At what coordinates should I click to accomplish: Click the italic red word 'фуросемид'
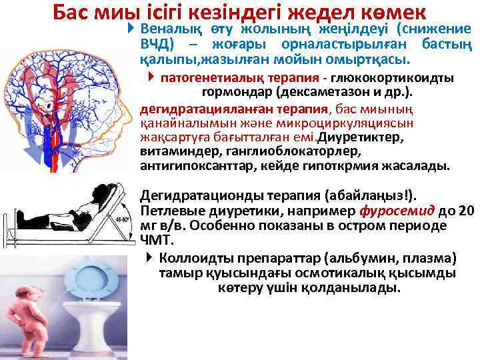click(397, 211)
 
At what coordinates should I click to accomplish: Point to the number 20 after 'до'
click(467, 211)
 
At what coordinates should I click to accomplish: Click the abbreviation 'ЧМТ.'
click(156, 240)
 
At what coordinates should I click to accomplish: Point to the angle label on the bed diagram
click(123, 219)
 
